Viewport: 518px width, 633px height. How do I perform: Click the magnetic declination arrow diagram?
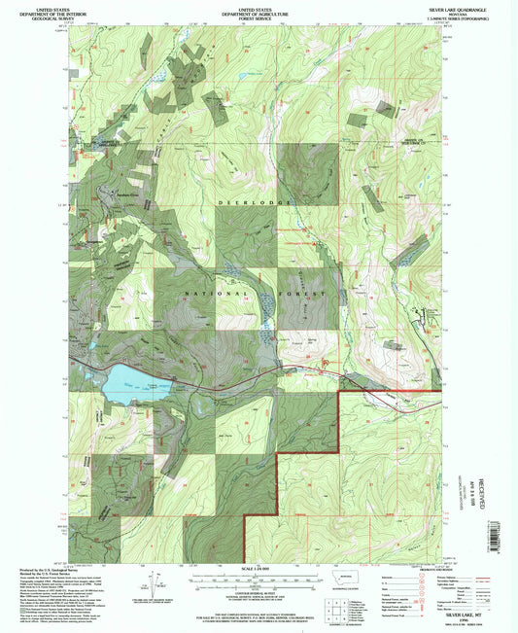point(155,583)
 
